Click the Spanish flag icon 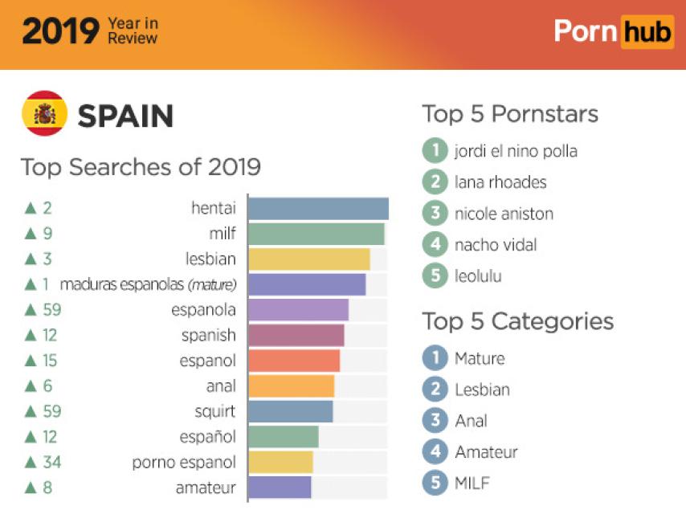click(x=44, y=114)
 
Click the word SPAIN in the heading click(x=125, y=116)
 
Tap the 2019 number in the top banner click(x=60, y=31)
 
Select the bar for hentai click(x=318, y=209)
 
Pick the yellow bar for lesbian click(x=308, y=259)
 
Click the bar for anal click(x=291, y=386)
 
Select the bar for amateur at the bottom click(x=280, y=487)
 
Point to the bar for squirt click(x=290, y=411)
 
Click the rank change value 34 click(x=51, y=462)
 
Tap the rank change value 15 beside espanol click(x=50, y=361)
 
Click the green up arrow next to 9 click(x=31, y=234)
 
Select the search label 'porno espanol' click(x=184, y=462)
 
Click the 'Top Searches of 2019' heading click(x=141, y=167)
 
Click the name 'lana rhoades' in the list click(x=500, y=182)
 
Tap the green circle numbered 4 click(x=435, y=244)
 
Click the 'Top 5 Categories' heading click(x=518, y=321)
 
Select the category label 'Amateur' click(x=486, y=452)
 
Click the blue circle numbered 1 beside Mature click(x=435, y=358)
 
